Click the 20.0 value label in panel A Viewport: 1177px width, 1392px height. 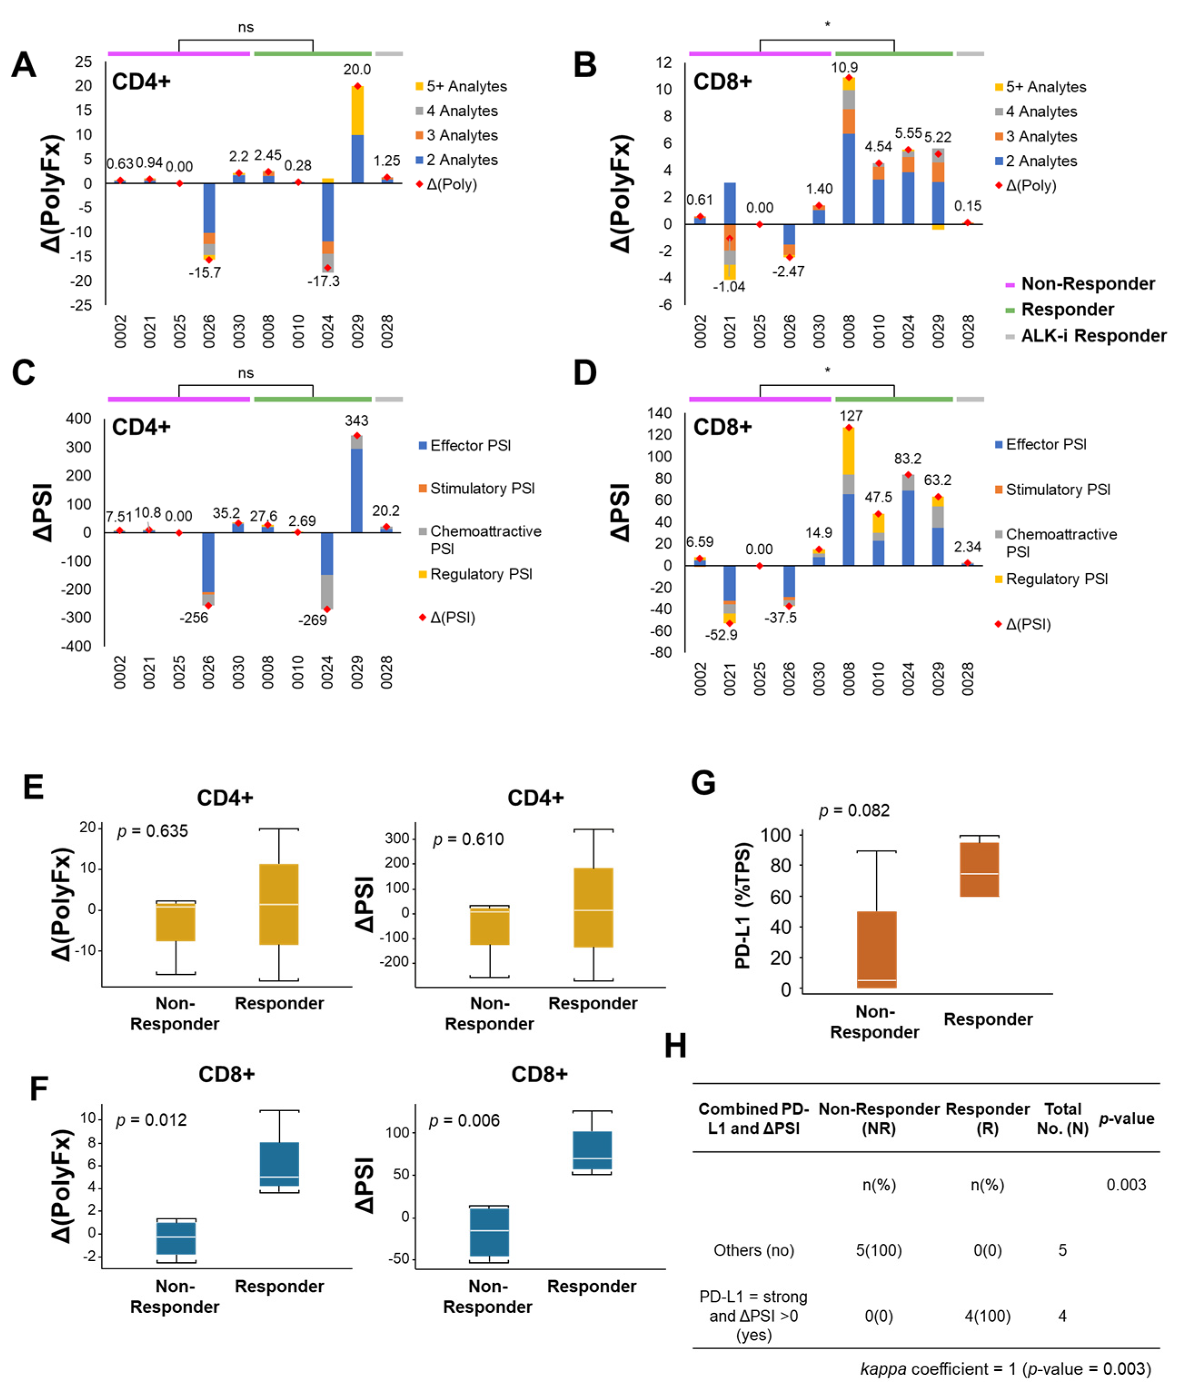tap(357, 70)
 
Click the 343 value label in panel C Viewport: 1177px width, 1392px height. tap(356, 420)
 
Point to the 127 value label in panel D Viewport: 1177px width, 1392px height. tap(851, 416)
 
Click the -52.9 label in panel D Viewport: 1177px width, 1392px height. tap(721, 635)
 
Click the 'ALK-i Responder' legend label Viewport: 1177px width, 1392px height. tap(1093, 336)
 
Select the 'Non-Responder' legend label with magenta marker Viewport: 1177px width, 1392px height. tap(1088, 283)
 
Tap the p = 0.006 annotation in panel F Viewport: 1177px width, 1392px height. tap(464, 1120)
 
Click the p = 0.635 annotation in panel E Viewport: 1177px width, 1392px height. tap(152, 831)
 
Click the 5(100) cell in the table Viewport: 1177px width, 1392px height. tap(879, 1250)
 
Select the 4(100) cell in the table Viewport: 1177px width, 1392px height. tap(988, 1316)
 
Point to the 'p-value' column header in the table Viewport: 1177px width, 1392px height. tap(1126, 1119)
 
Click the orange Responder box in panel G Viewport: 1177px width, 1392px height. tap(979, 869)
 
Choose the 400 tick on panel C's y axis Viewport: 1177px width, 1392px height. tap(79, 419)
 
